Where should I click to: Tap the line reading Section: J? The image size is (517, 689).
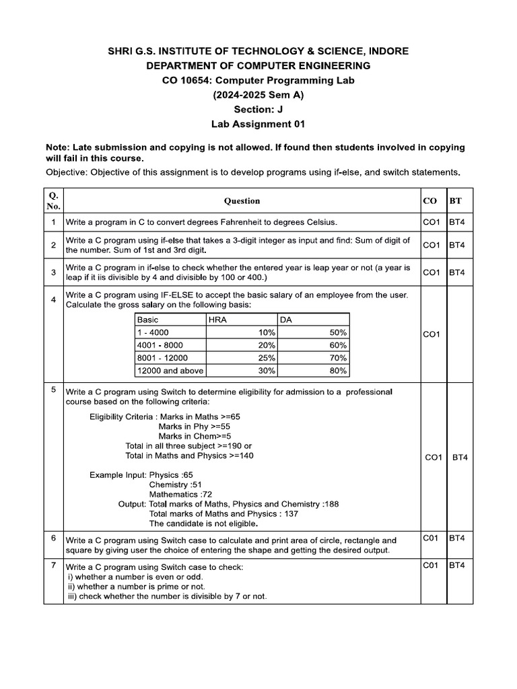(x=258, y=109)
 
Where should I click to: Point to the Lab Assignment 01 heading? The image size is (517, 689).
(x=258, y=124)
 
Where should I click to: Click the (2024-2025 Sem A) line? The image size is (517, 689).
(x=258, y=95)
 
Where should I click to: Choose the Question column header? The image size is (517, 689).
(x=242, y=201)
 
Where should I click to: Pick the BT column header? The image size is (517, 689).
(x=456, y=201)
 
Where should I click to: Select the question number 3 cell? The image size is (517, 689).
(x=53, y=272)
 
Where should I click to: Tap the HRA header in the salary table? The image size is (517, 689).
(x=218, y=320)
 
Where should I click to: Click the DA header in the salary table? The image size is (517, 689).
(x=285, y=320)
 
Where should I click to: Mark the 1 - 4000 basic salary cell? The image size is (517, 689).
(x=153, y=332)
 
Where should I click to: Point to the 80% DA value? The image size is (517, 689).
(x=338, y=371)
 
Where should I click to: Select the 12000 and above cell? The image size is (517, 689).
(x=170, y=371)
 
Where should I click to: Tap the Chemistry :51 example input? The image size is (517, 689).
(x=174, y=484)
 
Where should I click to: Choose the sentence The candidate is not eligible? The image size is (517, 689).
(x=203, y=523)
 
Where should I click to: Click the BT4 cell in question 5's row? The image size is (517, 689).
(x=460, y=458)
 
